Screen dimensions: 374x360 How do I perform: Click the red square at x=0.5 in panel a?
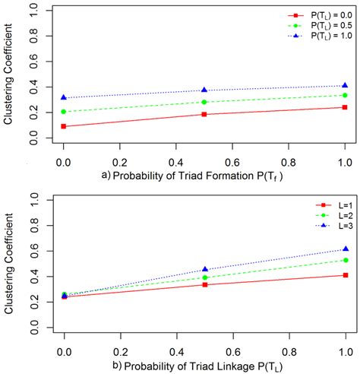[204, 114]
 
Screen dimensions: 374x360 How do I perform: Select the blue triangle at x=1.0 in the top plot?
[345, 85]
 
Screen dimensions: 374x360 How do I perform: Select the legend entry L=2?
[333, 215]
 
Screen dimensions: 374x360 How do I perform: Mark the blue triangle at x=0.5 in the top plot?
[204, 90]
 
